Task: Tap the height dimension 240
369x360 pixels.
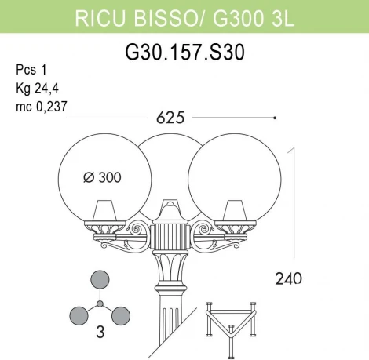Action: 288,278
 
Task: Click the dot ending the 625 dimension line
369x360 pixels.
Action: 274,118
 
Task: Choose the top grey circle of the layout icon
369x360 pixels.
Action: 100,280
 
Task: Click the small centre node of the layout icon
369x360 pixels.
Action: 100,303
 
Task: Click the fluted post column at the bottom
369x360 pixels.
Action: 167,329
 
